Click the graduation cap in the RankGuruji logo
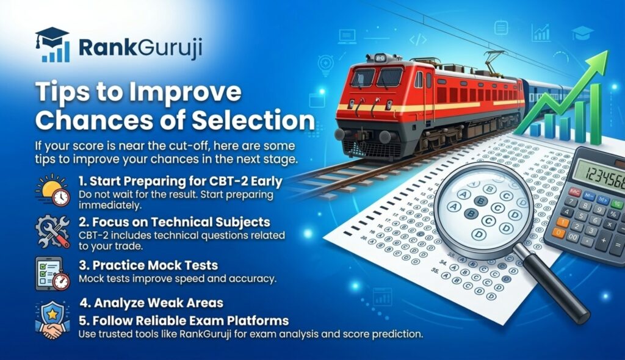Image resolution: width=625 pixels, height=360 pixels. point(51,36)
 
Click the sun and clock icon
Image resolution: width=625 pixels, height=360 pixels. point(52,190)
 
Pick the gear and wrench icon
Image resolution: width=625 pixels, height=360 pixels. point(52,231)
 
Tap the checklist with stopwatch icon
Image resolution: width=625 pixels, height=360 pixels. point(52,273)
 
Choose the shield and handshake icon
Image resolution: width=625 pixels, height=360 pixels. point(52,319)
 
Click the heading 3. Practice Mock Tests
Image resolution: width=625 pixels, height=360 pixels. point(148,265)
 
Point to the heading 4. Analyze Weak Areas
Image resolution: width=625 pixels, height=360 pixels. point(151,303)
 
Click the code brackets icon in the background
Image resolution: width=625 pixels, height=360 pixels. point(418,40)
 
